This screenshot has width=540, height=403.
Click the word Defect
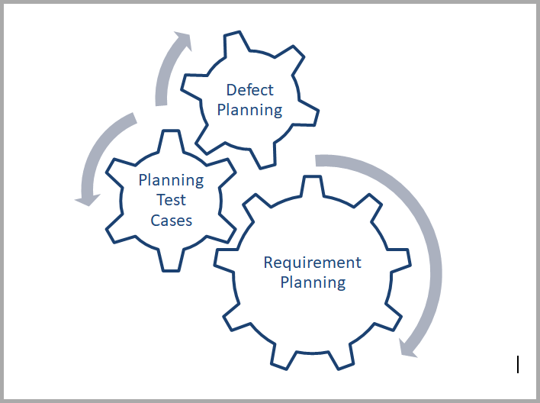click(x=249, y=91)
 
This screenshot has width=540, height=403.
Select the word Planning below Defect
click(x=249, y=110)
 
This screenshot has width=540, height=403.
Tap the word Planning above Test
click(x=171, y=181)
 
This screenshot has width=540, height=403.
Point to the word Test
click(x=171, y=201)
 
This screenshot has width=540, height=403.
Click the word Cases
click(x=171, y=221)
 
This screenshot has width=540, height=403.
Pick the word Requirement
click(x=312, y=263)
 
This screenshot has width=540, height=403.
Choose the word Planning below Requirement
click(x=313, y=282)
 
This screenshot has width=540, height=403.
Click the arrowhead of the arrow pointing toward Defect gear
click(x=182, y=40)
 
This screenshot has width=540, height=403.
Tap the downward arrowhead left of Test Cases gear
click(x=86, y=198)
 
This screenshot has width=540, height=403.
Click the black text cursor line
click(x=518, y=365)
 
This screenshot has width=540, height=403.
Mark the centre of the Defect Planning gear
click(x=249, y=99)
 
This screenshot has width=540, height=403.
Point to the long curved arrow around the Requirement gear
click(x=427, y=229)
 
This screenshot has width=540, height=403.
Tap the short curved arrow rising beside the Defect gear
click(x=163, y=76)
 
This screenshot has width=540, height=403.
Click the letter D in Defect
click(x=231, y=91)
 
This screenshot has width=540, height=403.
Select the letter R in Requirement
click(x=268, y=263)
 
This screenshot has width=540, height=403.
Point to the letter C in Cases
click(x=156, y=221)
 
